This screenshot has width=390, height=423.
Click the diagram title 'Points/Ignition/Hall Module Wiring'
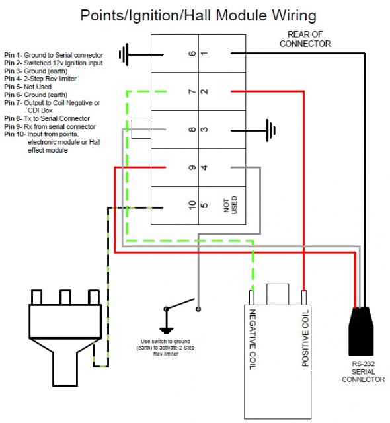(x=198, y=15)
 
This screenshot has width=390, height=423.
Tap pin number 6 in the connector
(x=192, y=53)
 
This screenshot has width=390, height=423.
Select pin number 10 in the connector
(x=192, y=205)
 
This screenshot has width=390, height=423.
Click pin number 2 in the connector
(x=204, y=91)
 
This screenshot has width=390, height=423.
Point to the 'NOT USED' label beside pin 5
(x=230, y=205)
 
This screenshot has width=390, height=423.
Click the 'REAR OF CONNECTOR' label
(x=305, y=39)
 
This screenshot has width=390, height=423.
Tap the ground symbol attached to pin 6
(x=124, y=54)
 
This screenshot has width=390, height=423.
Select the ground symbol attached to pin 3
(x=270, y=130)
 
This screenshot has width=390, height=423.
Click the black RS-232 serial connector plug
(x=361, y=331)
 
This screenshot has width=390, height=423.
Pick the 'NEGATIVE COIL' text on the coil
(x=253, y=339)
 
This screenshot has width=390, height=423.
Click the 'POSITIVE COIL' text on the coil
(x=305, y=338)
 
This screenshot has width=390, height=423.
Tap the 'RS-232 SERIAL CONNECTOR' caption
(x=363, y=371)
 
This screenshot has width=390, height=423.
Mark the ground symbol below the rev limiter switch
(x=167, y=330)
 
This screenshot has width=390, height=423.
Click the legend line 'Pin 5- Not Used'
(x=28, y=87)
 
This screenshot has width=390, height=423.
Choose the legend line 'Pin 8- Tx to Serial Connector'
(x=47, y=118)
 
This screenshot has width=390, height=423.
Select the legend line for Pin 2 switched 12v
(x=54, y=63)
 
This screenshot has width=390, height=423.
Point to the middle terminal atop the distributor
(x=65, y=297)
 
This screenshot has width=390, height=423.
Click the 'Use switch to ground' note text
(x=166, y=348)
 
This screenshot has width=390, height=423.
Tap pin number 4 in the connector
(x=204, y=167)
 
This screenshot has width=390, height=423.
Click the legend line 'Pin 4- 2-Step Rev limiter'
(x=40, y=79)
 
